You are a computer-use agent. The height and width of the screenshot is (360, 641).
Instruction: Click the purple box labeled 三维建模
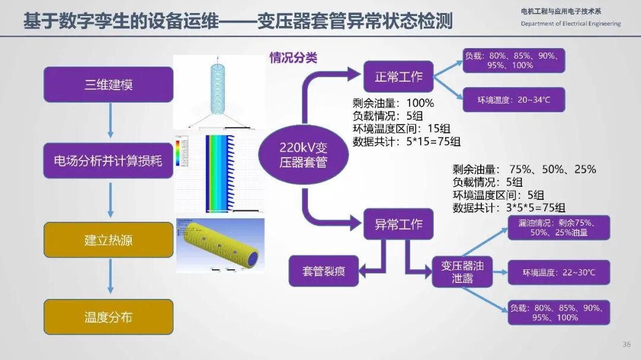[x=109, y=84]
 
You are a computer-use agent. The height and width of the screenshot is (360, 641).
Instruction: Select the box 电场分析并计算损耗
[x=109, y=161]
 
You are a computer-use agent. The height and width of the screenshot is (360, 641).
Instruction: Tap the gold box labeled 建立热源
[x=109, y=240]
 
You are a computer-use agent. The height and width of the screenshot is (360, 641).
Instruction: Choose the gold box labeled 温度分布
[x=109, y=317]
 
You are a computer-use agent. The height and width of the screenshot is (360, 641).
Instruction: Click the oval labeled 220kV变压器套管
[x=303, y=154]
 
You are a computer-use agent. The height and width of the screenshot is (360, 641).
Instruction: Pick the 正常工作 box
[x=398, y=76]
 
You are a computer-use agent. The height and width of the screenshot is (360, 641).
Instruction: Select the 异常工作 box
[x=398, y=225]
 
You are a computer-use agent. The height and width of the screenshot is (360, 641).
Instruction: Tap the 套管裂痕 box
[x=323, y=271]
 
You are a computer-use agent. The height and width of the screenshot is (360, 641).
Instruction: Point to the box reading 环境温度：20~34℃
[x=513, y=100]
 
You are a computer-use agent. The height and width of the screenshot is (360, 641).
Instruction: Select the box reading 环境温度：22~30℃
[x=559, y=272]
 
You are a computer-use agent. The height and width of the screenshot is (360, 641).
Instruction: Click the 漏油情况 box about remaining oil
[x=559, y=228]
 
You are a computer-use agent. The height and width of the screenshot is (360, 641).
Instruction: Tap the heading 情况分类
[x=293, y=58]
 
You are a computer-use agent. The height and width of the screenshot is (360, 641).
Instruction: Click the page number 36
[x=627, y=345]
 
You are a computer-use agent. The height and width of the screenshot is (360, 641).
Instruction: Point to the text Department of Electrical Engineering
[x=570, y=24]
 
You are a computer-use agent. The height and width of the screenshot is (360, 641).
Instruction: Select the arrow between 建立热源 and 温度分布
[x=109, y=279]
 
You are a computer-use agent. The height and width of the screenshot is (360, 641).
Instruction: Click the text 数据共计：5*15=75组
[x=406, y=142]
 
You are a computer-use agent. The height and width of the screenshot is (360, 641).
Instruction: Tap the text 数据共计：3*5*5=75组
[x=509, y=208]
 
